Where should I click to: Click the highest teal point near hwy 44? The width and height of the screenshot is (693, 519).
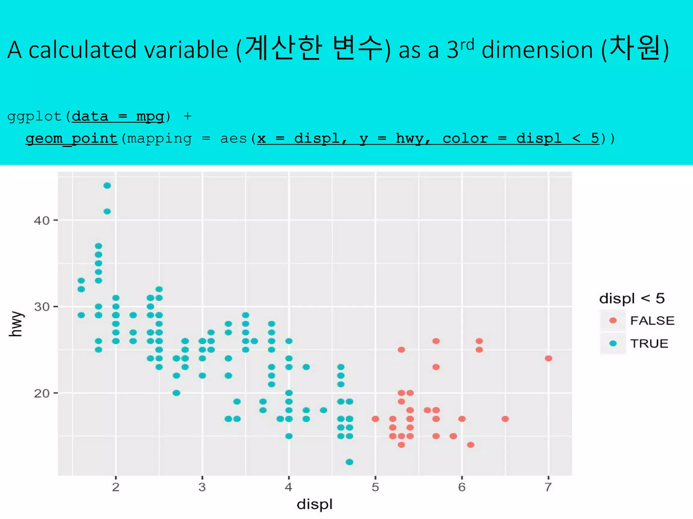(107, 186)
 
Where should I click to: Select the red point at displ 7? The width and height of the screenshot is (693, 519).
(549, 358)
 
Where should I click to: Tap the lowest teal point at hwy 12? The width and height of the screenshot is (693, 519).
(350, 462)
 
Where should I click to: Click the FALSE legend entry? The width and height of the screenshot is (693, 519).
(652, 320)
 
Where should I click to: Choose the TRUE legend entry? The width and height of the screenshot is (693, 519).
(649, 344)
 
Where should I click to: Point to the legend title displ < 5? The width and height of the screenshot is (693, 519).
(632, 298)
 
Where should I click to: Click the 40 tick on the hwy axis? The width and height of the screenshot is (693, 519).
(42, 221)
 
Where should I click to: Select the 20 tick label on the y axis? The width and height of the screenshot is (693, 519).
(42, 393)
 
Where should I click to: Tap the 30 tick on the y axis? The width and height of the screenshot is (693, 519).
(42, 307)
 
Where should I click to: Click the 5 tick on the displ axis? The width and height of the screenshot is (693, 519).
(375, 487)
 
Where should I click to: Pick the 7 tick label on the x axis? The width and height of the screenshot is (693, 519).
(548, 487)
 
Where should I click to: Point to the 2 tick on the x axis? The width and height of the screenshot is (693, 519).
(116, 487)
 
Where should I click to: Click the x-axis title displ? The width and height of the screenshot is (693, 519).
(315, 504)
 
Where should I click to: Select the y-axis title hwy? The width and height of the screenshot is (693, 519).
(16, 324)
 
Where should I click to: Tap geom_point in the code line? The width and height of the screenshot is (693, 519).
(72, 139)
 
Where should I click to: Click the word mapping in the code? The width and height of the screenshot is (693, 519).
(159, 139)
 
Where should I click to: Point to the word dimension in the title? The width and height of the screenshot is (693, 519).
(537, 50)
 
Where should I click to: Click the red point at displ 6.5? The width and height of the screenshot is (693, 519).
(505, 419)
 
